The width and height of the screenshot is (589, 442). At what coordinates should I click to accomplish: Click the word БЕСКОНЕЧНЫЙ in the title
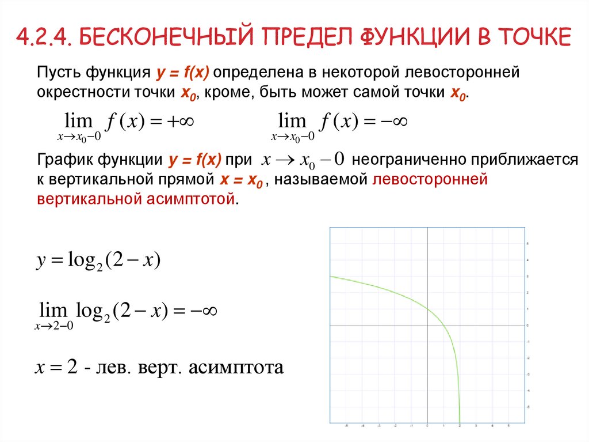[163, 37]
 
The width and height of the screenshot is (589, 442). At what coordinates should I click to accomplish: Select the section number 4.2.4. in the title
[44, 37]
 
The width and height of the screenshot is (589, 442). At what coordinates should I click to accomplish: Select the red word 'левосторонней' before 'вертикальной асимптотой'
[430, 180]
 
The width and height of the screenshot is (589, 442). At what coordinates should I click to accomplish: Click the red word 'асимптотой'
[189, 199]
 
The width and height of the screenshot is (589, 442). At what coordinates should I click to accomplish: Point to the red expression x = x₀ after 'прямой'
[241, 180]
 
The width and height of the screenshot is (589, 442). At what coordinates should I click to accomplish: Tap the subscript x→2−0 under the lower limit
[54, 326]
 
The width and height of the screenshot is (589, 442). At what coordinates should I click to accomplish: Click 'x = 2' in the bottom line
[56, 367]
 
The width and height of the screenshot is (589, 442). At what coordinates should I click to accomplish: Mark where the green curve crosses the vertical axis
[427, 309]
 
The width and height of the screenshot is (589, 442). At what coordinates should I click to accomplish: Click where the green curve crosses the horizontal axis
[443, 326]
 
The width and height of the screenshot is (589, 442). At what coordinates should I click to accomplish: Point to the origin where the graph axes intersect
[427, 326]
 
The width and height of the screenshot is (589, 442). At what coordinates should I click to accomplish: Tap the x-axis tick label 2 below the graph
[460, 426]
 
